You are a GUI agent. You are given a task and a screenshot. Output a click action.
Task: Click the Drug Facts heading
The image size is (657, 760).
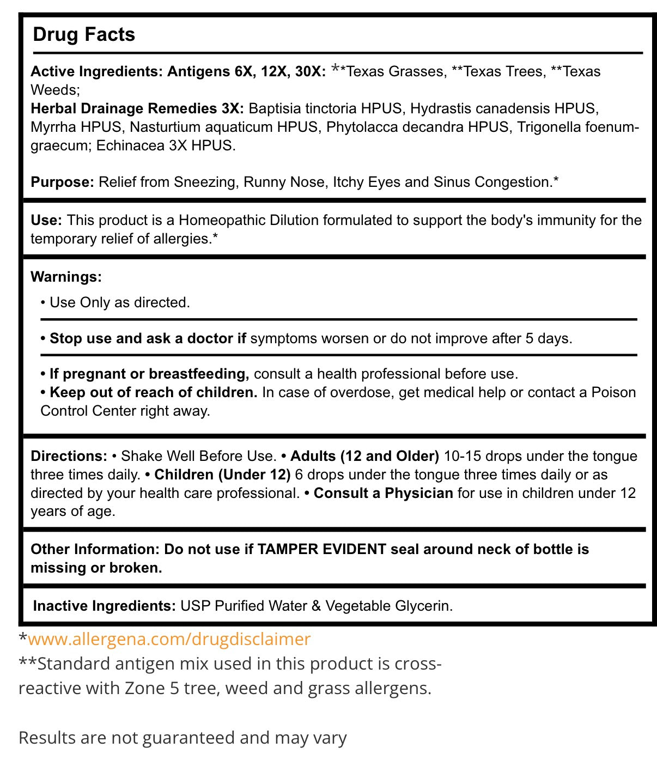point(84,34)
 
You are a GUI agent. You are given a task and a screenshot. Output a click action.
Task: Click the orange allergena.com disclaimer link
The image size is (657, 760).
point(169,639)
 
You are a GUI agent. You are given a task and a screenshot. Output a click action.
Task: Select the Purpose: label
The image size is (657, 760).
point(63,182)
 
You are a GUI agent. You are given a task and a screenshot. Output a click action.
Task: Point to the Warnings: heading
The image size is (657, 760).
point(66,277)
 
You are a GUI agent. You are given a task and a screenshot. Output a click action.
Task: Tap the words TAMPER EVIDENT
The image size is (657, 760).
point(321,549)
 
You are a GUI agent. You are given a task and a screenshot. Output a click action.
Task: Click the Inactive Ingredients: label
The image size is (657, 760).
point(104,606)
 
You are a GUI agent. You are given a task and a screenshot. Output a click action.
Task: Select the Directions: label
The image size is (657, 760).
point(69,456)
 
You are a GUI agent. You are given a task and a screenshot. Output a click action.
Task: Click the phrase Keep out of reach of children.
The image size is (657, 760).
point(153,392)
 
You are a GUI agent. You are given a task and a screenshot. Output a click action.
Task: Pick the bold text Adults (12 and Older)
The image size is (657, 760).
point(364,456)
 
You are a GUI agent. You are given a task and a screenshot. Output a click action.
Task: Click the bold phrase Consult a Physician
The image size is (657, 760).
point(383,493)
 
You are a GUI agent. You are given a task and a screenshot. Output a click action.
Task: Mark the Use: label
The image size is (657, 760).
point(46,220)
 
